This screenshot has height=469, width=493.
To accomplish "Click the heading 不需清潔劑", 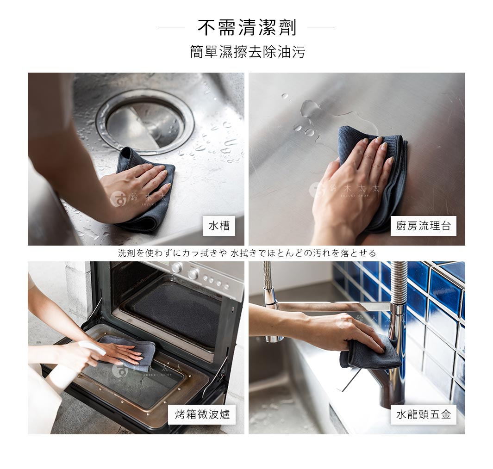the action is pos(247,27).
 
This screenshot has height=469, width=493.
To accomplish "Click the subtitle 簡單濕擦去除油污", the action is pos(248,52).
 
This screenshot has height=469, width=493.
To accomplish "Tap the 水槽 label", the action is pos(219,226).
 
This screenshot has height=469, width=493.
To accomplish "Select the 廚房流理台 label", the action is pos(423,226).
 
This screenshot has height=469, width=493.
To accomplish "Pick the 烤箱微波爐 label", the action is pos(202,414).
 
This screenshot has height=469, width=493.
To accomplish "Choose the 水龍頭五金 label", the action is pos(423,414).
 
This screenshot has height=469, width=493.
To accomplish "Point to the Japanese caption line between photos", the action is pos(247,253).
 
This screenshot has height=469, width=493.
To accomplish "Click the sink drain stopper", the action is pos(144,122).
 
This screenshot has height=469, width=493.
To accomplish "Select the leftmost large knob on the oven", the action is pos(177,267).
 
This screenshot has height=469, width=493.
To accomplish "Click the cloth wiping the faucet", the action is pos(371,352).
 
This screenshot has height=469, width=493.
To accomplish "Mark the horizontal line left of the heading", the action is pos(172,27).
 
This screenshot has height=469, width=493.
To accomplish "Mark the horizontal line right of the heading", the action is pos(320,27).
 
